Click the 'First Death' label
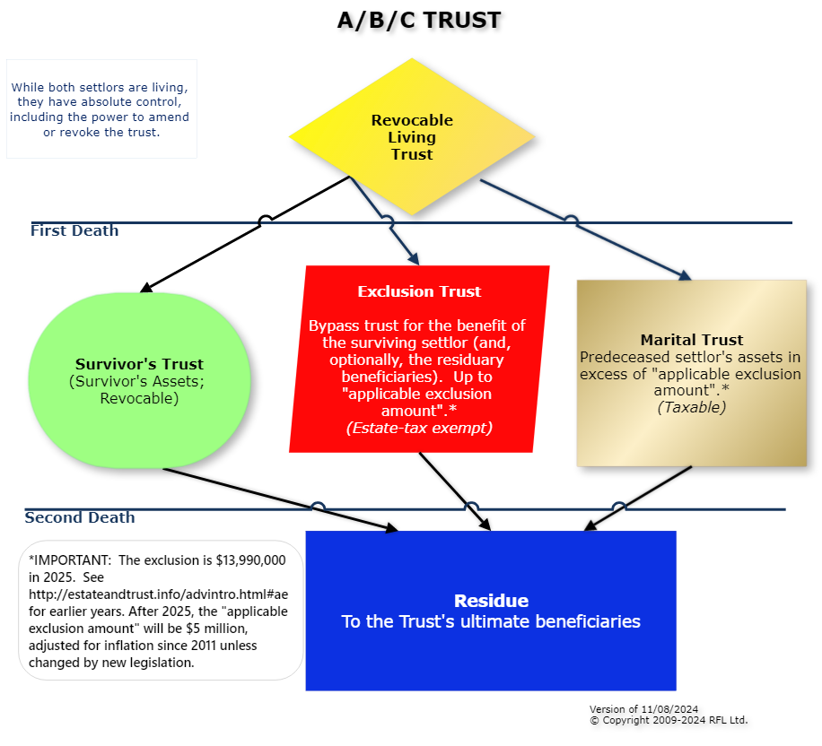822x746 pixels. point(74,230)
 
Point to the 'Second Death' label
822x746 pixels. point(80,517)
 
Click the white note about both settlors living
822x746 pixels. point(101,109)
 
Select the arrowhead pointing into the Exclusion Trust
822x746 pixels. point(413,258)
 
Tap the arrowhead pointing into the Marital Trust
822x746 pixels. point(685,275)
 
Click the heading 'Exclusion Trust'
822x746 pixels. point(419,291)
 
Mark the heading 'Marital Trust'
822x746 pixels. point(692,340)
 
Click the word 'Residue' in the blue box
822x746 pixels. point(491,601)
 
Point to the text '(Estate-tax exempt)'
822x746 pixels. point(419,428)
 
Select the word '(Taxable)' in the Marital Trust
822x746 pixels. point(692,406)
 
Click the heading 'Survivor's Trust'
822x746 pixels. point(139,364)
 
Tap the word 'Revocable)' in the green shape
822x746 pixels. point(139,398)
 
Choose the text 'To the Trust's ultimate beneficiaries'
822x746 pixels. point(491,621)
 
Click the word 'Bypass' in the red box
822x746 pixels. point(332,325)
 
